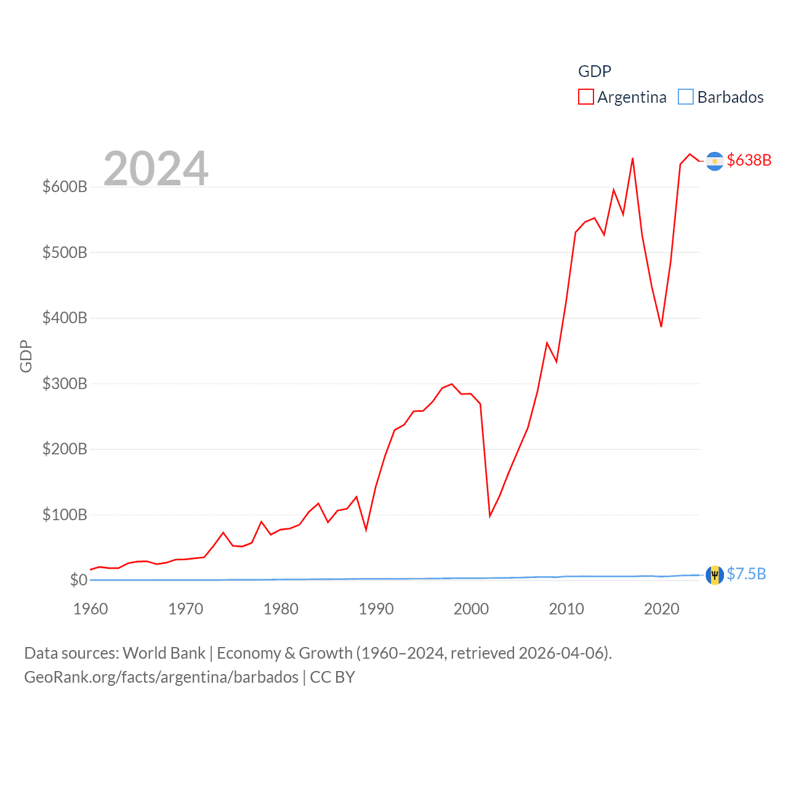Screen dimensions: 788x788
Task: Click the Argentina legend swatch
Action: coord(585,97)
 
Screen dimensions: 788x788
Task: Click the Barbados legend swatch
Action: coord(685,97)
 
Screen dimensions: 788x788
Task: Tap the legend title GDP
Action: coord(594,71)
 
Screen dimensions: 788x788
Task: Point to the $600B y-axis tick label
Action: coord(65,187)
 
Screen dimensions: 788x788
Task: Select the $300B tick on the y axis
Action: coord(65,384)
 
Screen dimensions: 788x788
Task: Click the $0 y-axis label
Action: coord(78,580)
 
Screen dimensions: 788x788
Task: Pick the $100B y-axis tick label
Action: coord(65,515)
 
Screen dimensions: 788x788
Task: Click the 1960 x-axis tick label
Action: coord(90,609)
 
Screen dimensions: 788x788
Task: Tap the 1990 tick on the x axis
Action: coord(376,609)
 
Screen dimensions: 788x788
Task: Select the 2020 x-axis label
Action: coord(661,609)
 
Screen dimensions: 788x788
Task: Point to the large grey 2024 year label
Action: coord(156,168)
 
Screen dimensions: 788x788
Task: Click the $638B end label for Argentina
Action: coord(749,160)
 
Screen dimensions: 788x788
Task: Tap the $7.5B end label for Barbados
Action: coord(746,574)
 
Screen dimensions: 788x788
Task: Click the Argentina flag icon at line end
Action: coord(715,161)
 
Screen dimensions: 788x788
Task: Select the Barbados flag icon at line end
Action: coord(715,575)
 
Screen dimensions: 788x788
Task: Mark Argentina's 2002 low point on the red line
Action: coord(490,516)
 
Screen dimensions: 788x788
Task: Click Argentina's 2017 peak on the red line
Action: coord(632,158)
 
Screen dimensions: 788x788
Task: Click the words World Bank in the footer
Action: coord(164,653)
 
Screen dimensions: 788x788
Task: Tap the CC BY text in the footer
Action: coord(332,677)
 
